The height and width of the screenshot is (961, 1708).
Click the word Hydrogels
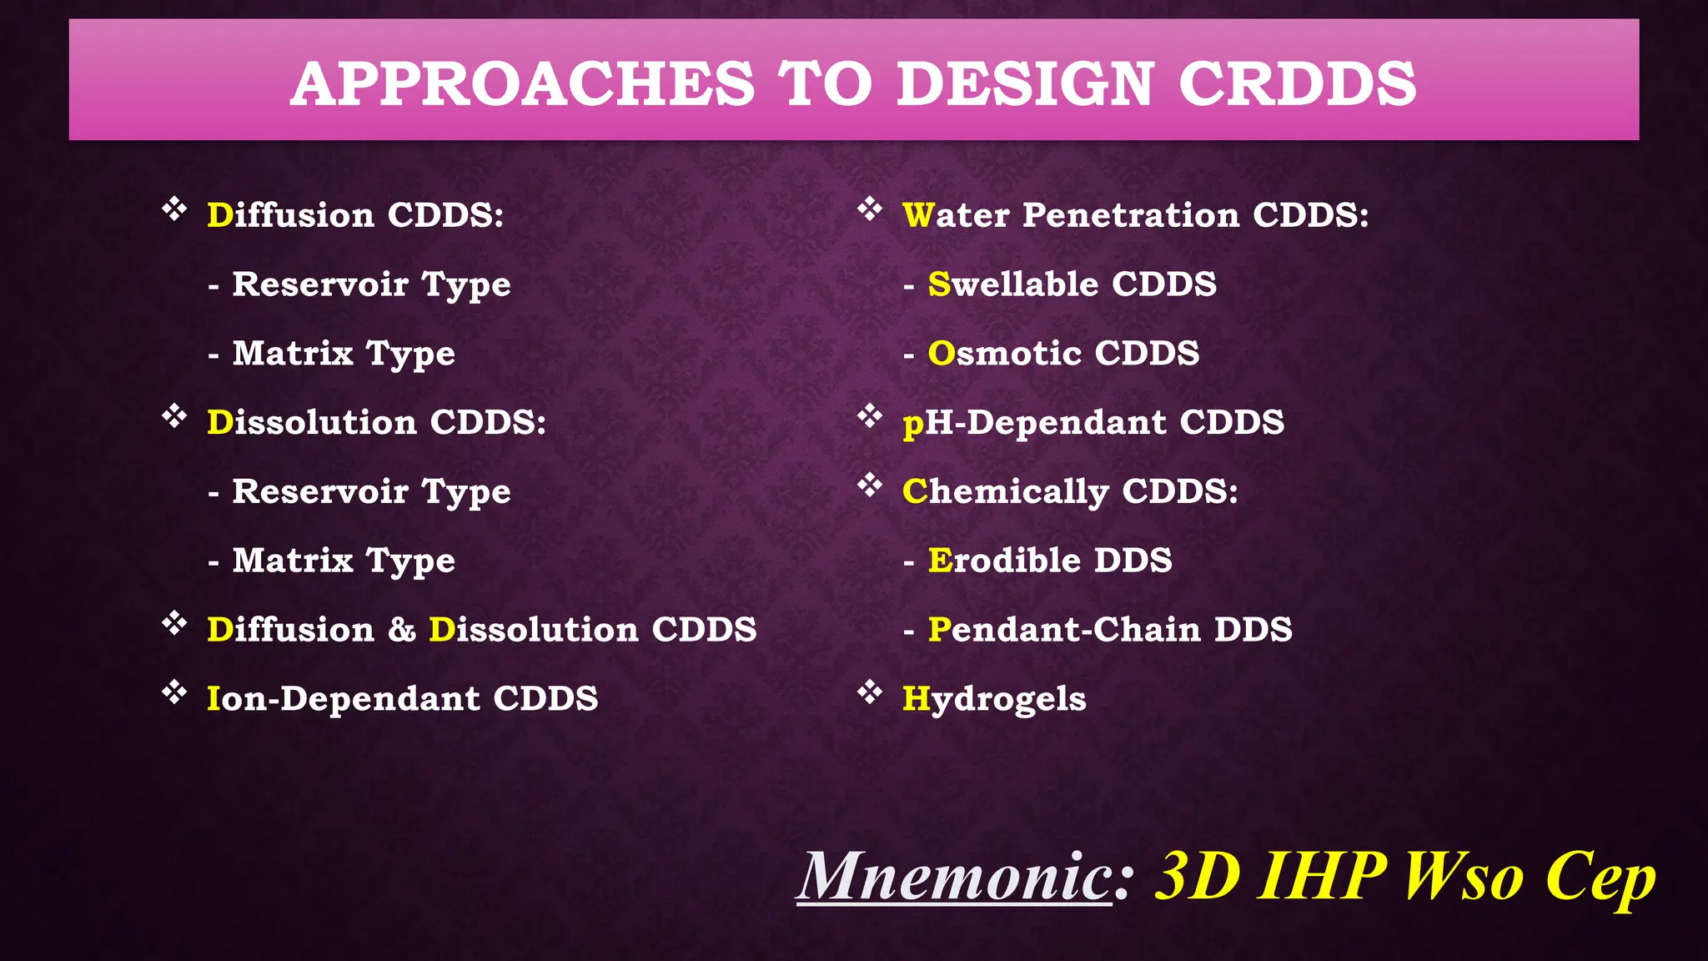pyautogui.click(x=994, y=699)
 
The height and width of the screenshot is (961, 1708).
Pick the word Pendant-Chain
pyautogui.click(x=1064, y=630)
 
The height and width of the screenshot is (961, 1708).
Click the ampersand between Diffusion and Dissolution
pyautogui.click(x=401, y=630)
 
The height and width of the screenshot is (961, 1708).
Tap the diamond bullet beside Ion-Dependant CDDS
pyautogui.click(x=174, y=692)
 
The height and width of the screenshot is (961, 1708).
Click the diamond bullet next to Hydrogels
pyautogui.click(x=870, y=692)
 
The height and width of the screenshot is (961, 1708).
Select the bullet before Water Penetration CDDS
pyautogui.click(x=870, y=209)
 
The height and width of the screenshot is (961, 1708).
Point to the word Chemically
pyautogui.click(x=1005, y=491)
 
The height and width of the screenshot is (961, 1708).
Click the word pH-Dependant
pyautogui.click(x=1034, y=423)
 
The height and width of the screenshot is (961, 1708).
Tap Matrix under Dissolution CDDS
pyautogui.click(x=293, y=561)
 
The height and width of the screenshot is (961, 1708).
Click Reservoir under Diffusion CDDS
pyautogui.click(x=320, y=284)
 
